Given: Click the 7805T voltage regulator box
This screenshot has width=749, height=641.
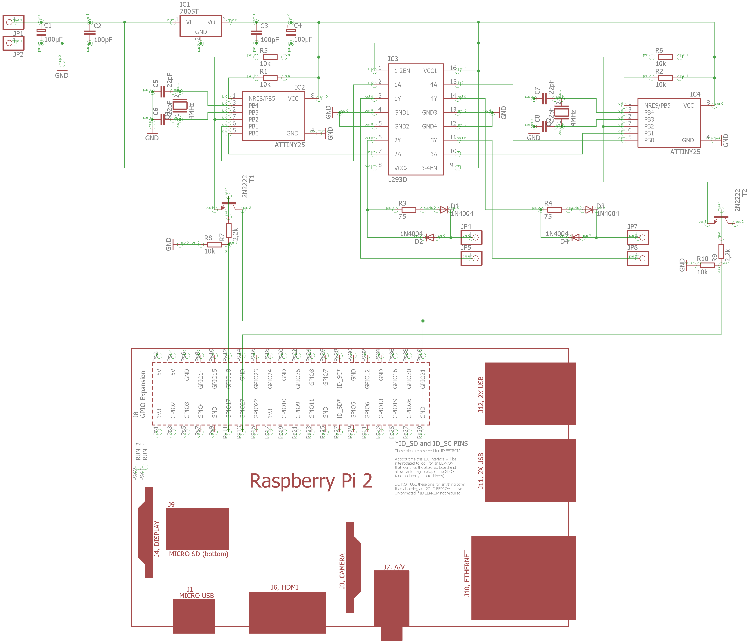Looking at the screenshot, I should tap(201, 26).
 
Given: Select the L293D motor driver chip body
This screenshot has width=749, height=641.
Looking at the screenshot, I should tap(415, 119).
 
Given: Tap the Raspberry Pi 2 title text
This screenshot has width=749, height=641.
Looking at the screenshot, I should tap(311, 481).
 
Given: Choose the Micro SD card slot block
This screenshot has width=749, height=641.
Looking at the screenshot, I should tap(197, 529).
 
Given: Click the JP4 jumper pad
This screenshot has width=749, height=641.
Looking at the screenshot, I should tap(471, 238).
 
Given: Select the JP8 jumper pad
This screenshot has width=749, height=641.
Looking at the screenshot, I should tap(638, 258).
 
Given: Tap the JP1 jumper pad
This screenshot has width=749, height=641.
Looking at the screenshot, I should tap(13, 22).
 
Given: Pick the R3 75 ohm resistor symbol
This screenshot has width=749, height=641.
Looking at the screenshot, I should tap(409, 210).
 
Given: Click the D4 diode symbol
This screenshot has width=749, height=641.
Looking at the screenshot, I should tap(575, 238).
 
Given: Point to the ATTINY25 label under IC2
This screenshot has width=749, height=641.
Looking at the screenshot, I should tap(290, 145).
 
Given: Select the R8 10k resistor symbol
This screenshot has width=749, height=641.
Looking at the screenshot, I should tap(214, 244).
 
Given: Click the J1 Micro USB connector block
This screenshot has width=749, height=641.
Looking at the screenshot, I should tap(194, 616).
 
